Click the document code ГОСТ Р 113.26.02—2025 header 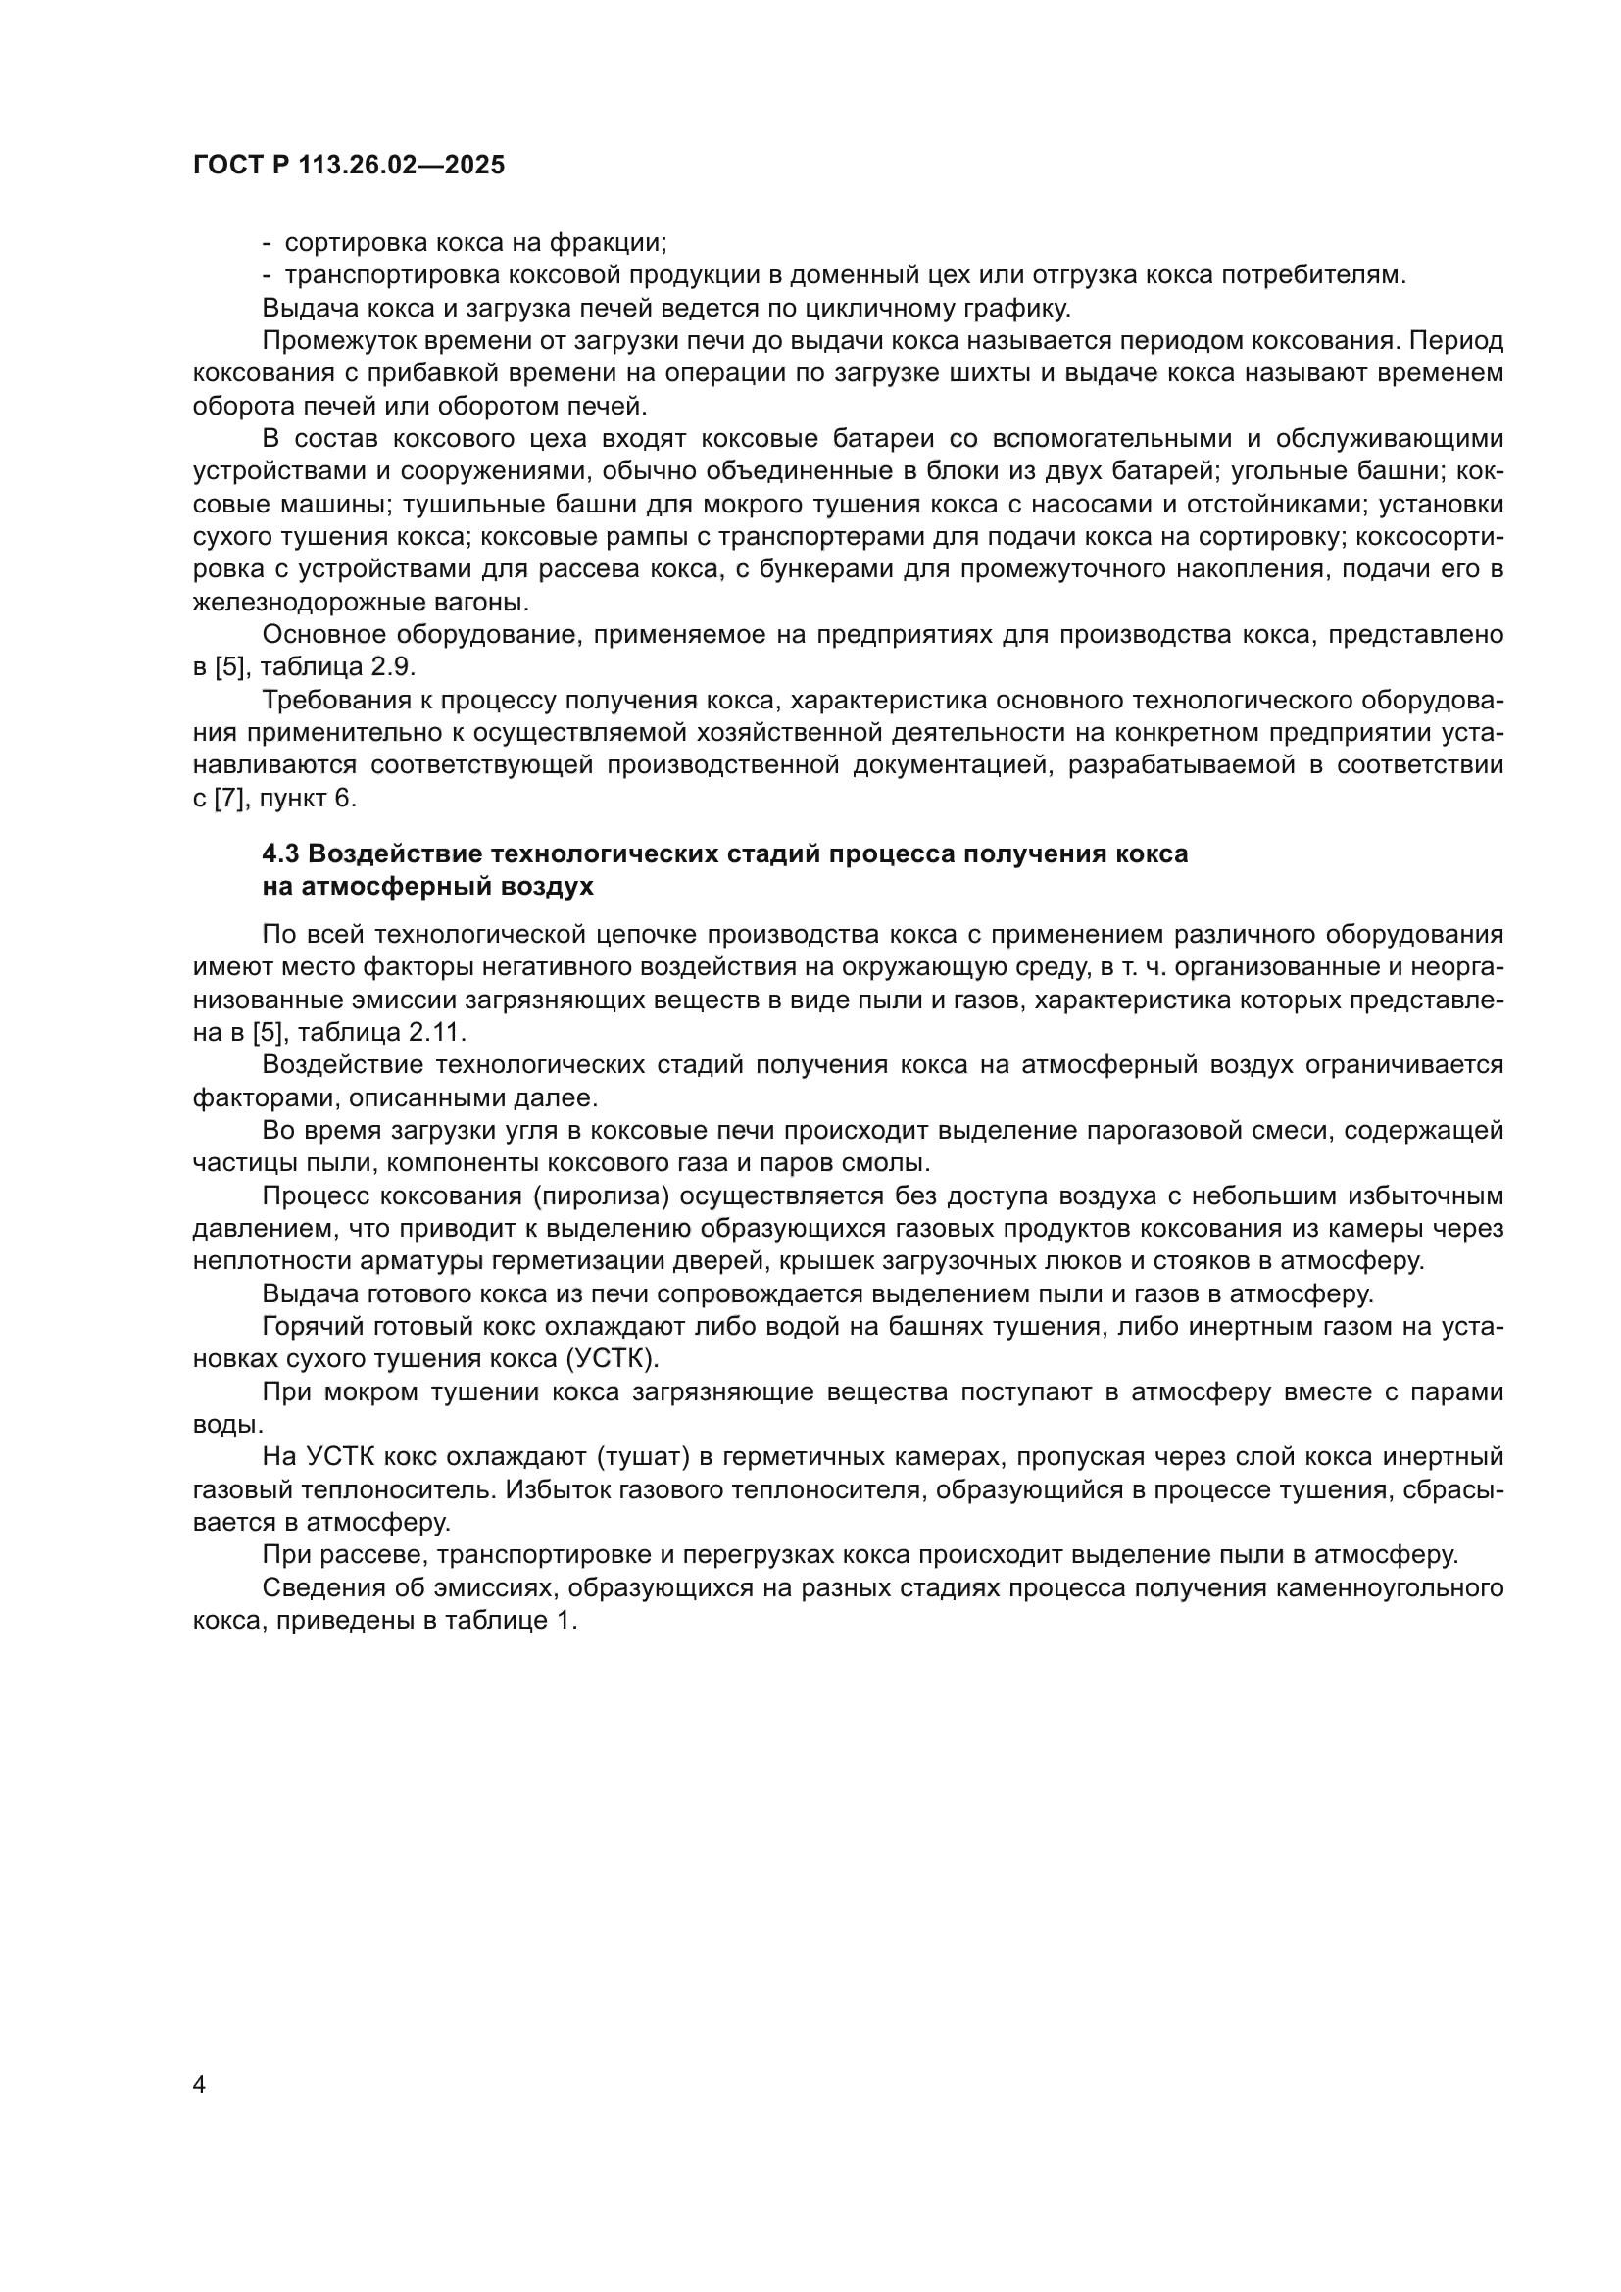point(348,166)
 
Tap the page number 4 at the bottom point(199,2085)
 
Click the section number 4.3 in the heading point(281,854)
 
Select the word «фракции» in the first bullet point(614,243)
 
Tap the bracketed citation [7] point(229,799)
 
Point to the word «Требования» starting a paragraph point(330,701)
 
